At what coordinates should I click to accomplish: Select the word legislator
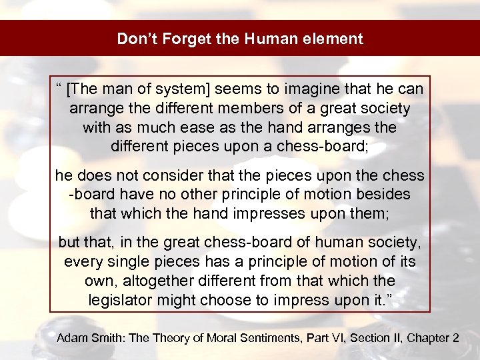(x=121, y=300)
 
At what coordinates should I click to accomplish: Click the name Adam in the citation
(x=71, y=338)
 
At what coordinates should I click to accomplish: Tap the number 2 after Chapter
(x=455, y=338)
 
